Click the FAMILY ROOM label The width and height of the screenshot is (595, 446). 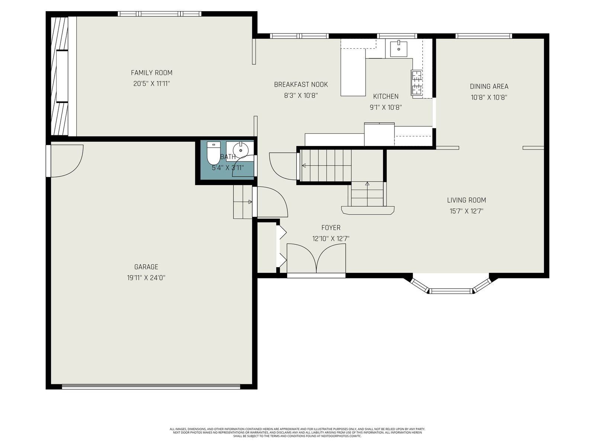tap(151, 72)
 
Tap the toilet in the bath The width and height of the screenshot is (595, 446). tap(213, 153)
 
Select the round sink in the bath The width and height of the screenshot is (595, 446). tap(241, 150)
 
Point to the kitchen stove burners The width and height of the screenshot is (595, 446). tap(416, 82)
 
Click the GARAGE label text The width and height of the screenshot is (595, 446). tap(146, 267)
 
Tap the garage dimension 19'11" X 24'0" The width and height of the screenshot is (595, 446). tap(146, 278)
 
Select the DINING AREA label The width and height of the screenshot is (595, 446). tap(489, 86)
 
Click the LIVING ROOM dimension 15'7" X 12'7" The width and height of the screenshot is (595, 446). tap(466, 211)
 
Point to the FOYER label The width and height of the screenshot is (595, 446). tap(331, 228)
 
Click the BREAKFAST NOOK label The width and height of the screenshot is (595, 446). tap(301, 84)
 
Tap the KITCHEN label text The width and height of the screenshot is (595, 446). tap(386, 96)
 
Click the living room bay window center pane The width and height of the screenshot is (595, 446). tap(451, 291)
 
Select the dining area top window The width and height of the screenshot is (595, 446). tap(483, 36)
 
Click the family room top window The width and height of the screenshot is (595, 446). tap(160, 14)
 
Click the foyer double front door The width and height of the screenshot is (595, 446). tap(316, 259)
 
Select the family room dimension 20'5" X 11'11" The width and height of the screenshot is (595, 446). tap(151, 84)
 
